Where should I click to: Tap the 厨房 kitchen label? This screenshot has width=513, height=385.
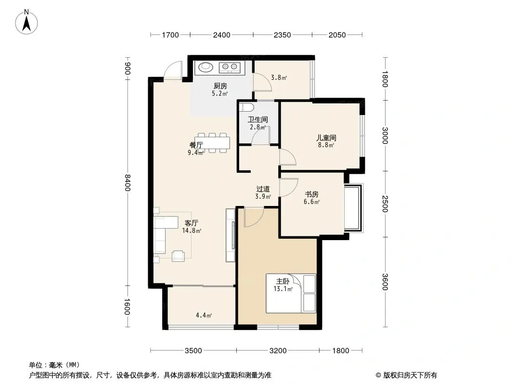pos(220,86)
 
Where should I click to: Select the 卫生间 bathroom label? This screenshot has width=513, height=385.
pos(258,119)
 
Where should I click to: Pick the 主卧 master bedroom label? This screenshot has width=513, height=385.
pos(283,281)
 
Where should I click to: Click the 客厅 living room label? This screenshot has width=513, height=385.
pos(192,223)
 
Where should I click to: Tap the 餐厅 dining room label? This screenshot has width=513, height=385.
pos(195,145)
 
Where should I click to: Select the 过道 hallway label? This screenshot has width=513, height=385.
pos(263,189)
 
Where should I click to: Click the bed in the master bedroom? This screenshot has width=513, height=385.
pos(291,294)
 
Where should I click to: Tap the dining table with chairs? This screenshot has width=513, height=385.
pos(212,142)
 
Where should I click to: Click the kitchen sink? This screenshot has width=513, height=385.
pos(206,67)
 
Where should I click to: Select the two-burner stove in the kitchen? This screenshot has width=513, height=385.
pos(229,67)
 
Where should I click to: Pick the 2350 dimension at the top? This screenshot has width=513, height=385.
pos(282,35)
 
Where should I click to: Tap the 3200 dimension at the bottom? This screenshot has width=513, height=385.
pos(278,350)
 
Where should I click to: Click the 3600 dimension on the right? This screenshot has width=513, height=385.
pos(385,282)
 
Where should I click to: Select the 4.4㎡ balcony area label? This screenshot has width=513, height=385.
pos(204,316)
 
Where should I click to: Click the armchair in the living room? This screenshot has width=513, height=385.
pos(179,256)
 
